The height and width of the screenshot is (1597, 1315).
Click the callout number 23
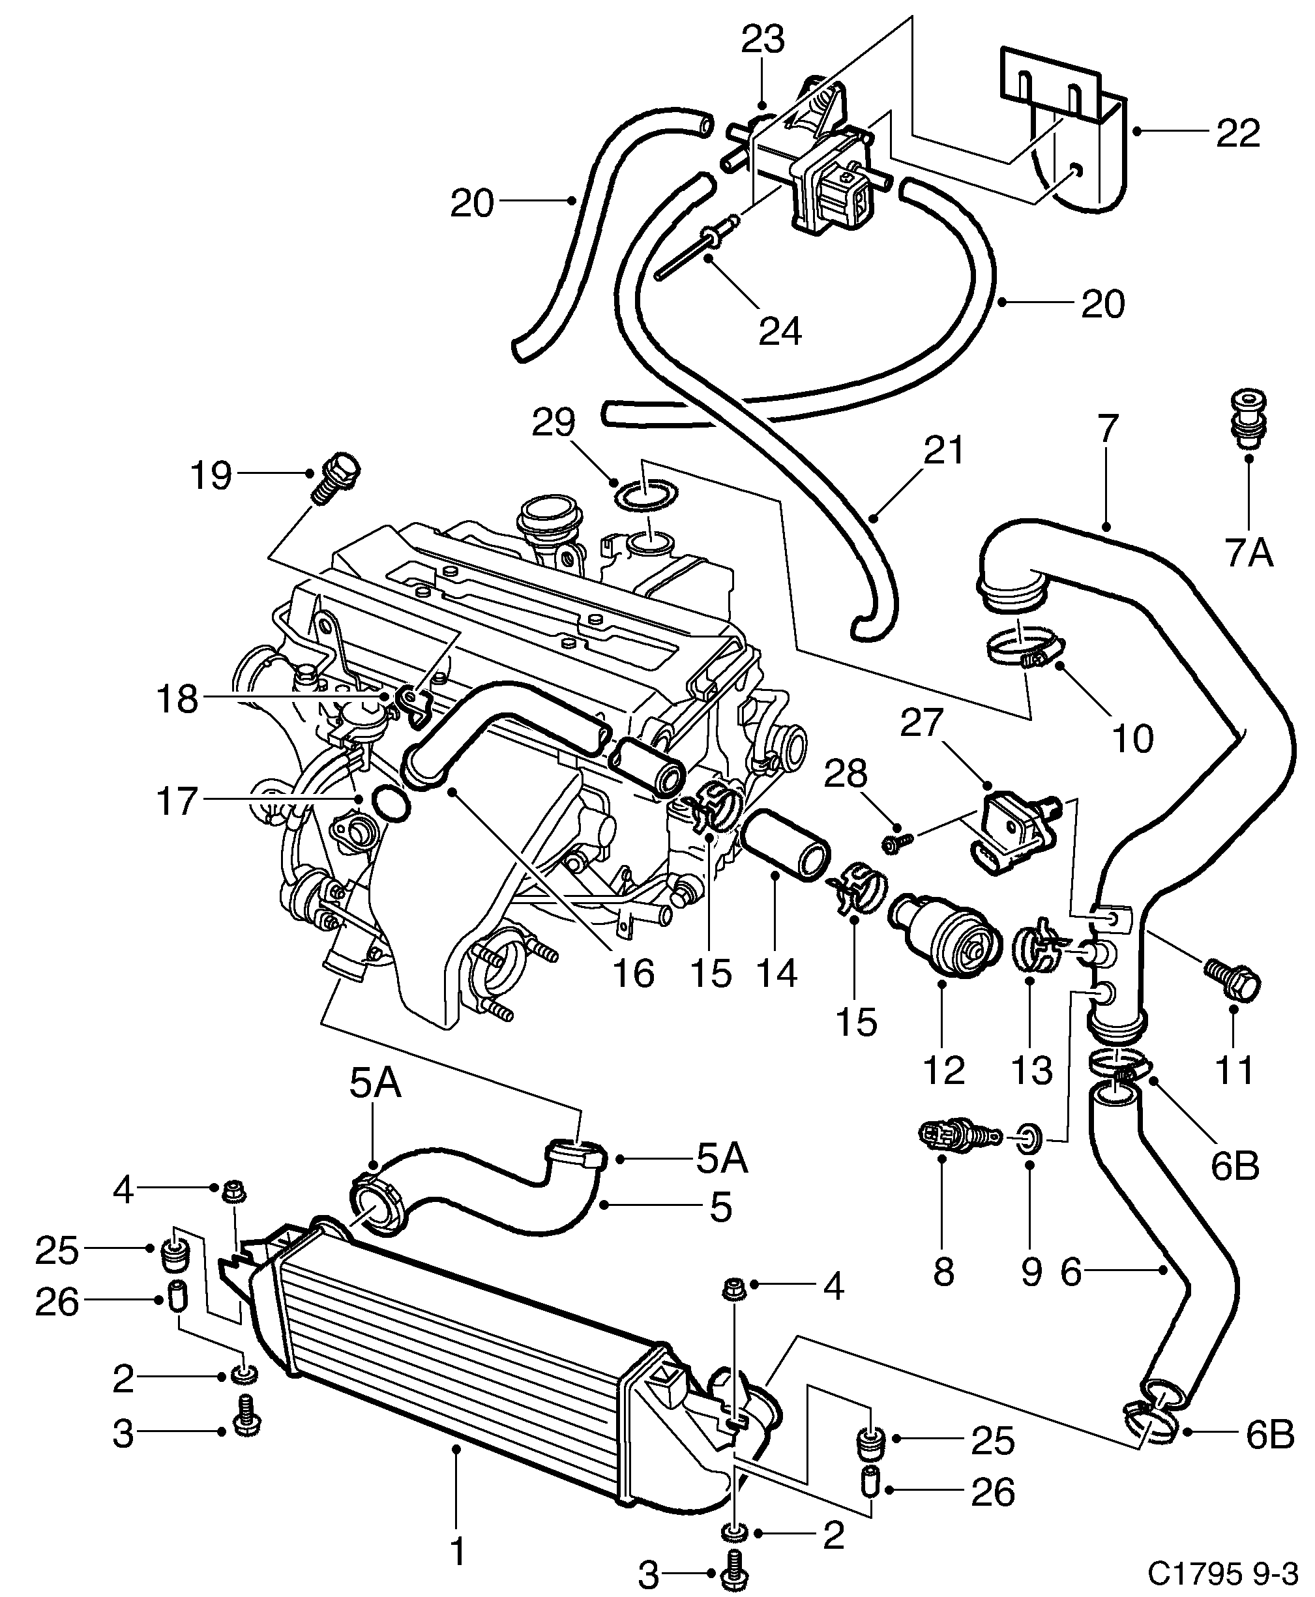pos(762,39)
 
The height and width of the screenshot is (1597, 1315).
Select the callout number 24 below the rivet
pos(780,331)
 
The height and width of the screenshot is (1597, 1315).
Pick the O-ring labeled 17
pos(392,804)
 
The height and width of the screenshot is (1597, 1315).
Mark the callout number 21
pos(944,450)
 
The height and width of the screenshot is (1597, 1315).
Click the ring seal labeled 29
pos(645,496)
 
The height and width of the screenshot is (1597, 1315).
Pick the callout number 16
pos(632,973)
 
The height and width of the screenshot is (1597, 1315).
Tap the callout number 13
pos(1031,1070)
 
